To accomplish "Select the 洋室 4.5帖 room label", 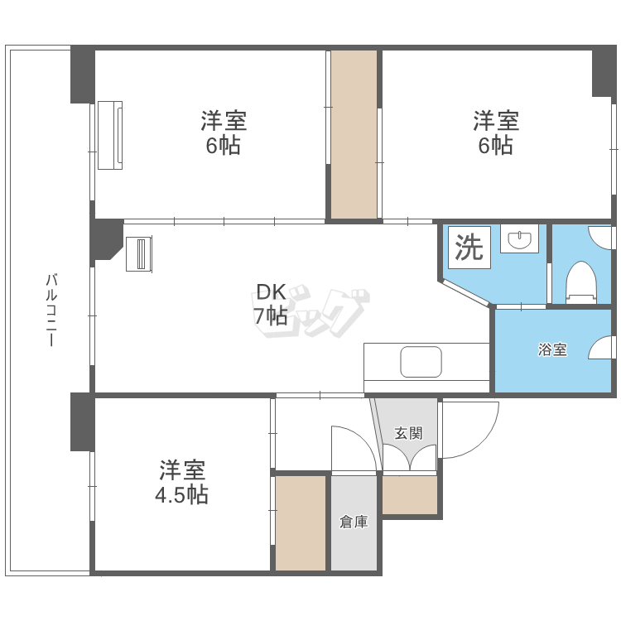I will [x=183, y=483].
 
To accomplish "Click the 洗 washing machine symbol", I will [x=469, y=248].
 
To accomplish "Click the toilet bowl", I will [x=581, y=280].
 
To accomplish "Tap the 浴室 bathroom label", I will [x=552, y=349].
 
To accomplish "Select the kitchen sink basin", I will [x=421, y=362].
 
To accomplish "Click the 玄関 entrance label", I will [x=407, y=432].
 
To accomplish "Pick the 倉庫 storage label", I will [x=354, y=522].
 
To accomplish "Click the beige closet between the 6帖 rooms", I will [x=354, y=134].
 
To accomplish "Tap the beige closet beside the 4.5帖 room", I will [x=300, y=522].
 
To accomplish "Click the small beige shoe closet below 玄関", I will [x=409, y=495].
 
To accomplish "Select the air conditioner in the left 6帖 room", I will [x=110, y=135].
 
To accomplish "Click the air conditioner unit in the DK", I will [x=139, y=254].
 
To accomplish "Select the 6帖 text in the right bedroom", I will [x=496, y=146].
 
